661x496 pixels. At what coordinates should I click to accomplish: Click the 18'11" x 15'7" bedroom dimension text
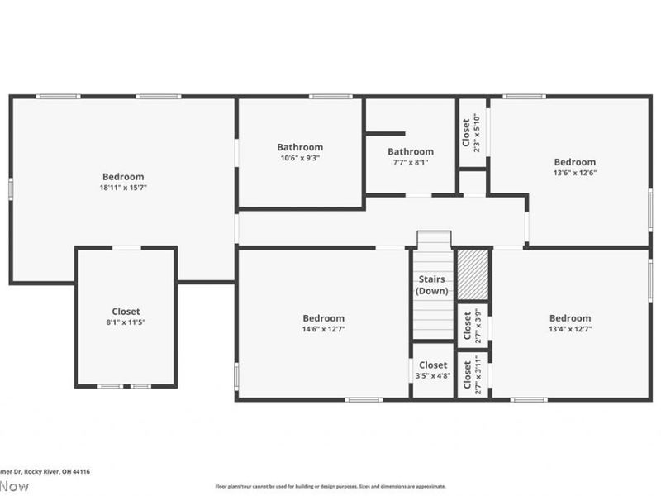click(x=123, y=188)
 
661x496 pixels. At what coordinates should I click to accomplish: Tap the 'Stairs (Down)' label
click(x=433, y=285)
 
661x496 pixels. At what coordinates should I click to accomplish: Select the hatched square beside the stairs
click(x=473, y=274)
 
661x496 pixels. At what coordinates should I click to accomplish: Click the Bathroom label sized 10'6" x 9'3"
click(x=300, y=147)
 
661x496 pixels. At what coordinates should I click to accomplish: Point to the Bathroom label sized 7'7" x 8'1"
click(x=411, y=151)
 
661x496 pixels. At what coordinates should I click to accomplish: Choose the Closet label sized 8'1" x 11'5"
click(x=126, y=312)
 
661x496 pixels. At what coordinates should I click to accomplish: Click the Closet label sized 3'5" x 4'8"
click(x=433, y=365)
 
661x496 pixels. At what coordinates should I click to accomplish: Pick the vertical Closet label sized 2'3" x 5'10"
click(x=467, y=133)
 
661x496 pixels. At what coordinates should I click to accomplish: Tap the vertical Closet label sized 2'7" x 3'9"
click(x=468, y=325)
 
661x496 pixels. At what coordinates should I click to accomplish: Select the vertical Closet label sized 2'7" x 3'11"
click(x=468, y=374)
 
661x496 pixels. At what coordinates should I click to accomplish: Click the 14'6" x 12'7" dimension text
click(x=323, y=329)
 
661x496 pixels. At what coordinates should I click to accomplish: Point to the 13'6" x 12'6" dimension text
click(x=574, y=173)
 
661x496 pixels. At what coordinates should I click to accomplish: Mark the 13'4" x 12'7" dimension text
click(x=570, y=329)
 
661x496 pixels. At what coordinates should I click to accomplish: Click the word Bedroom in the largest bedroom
click(x=123, y=176)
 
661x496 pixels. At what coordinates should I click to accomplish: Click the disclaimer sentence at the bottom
click(x=330, y=486)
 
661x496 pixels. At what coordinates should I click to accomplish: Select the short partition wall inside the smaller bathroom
click(x=385, y=133)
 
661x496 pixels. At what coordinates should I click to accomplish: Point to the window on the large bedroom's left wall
click(x=11, y=188)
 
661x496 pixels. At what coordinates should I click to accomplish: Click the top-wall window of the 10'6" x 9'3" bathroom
click(x=330, y=97)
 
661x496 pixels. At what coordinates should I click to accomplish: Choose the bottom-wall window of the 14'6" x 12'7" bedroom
click(x=364, y=400)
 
